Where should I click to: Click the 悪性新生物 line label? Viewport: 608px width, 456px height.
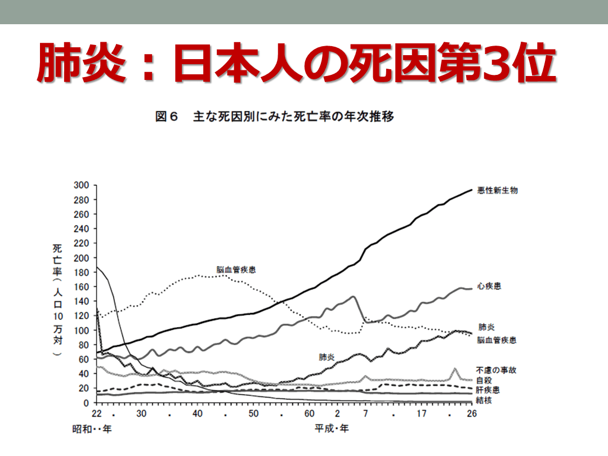(497, 190)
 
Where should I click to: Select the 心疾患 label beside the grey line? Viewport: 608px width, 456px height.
(489, 287)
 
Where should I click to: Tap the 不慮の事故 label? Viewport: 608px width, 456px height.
(495, 370)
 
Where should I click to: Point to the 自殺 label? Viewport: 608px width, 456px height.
(483, 380)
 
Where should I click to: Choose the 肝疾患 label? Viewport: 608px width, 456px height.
(488, 390)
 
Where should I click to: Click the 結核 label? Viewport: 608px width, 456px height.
(483, 400)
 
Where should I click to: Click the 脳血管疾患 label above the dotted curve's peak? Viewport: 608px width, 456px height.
(236, 270)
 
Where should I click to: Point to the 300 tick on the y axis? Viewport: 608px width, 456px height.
(82, 185)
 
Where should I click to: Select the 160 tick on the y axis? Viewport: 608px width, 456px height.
(82, 287)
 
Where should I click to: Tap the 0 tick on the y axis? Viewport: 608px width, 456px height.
(87, 403)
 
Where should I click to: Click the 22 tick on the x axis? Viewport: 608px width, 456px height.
(97, 414)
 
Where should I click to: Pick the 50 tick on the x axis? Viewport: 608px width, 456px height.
(253, 414)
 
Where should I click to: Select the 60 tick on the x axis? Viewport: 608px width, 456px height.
(309, 414)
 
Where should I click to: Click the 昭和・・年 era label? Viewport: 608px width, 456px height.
(92, 429)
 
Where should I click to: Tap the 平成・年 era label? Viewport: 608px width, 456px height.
(332, 429)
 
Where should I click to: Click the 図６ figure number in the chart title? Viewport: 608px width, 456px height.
(167, 117)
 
